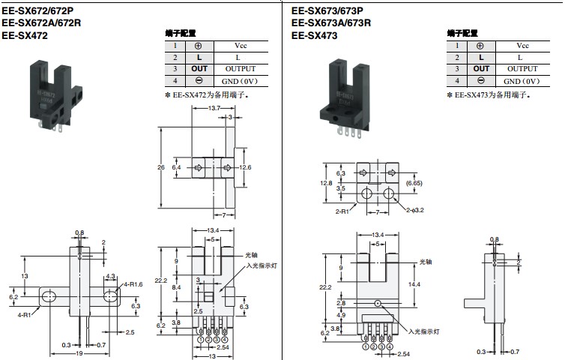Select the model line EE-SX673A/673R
[x=331, y=22]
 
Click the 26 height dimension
[x=161, y=167]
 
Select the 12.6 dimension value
[x=245, y=167]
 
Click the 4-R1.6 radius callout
[x=133, y=283]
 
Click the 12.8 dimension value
[x=325, y=182]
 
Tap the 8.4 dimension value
[x=176, y=287]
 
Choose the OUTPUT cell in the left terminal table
[x=240, y=69]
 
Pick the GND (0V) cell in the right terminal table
[x=522, y=81]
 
